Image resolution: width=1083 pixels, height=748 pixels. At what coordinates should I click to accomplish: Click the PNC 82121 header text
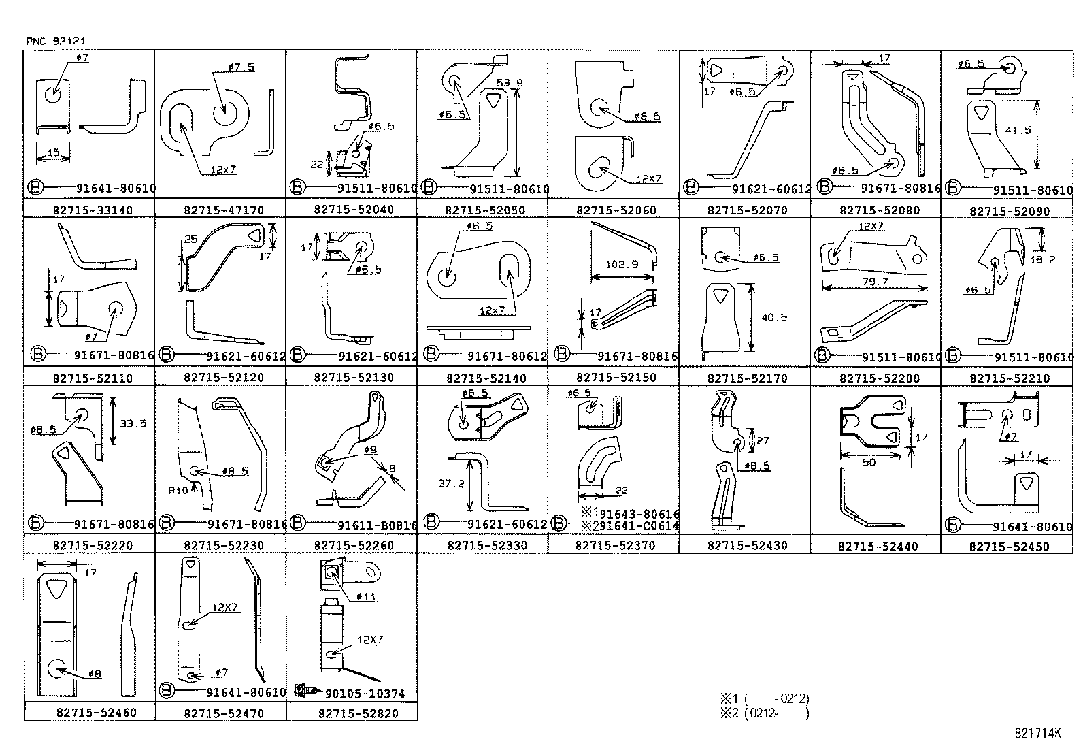pos(56,42)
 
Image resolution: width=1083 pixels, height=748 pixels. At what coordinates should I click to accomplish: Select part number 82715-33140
pos(93,210)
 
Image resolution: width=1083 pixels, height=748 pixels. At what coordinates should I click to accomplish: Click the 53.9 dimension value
pos(510,83)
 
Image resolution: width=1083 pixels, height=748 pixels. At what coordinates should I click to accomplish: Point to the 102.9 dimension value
pos(621,264)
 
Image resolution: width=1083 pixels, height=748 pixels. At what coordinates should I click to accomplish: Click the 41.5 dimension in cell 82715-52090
pos(1017,130)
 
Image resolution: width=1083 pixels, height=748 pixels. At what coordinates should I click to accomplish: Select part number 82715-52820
pos(358,713)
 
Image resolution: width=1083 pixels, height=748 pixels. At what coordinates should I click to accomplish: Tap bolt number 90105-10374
pos(365,694)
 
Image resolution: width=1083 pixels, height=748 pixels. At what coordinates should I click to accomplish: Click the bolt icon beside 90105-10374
pos(305,691)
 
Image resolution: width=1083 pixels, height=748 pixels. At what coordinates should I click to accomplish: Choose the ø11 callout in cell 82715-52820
pos(366,597)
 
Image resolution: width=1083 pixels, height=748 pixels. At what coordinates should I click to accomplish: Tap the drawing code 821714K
pos(1037,733)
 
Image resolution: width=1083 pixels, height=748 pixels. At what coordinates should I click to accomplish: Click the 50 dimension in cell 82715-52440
pos(869,462)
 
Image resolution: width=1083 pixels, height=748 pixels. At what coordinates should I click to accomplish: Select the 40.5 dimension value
pos(774,317)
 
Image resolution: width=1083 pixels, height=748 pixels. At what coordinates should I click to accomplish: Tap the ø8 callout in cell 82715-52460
pos(94,674)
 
